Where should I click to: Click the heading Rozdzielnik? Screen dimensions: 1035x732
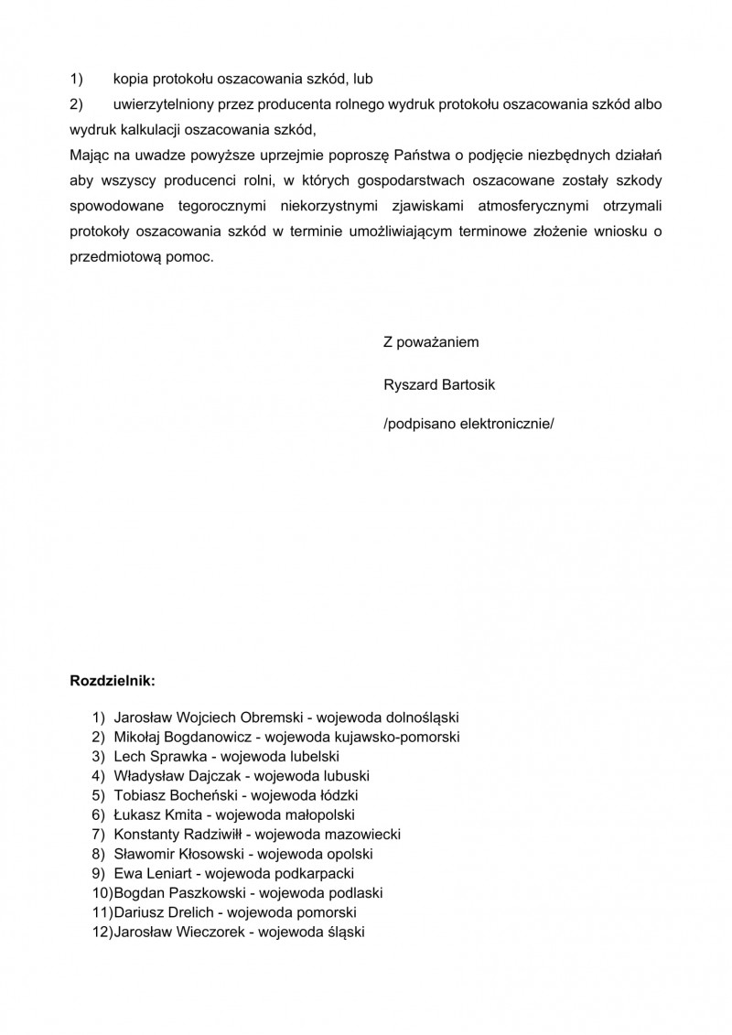click(x=113, y=681)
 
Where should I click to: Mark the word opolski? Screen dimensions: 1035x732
click(x=347, y=854)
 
